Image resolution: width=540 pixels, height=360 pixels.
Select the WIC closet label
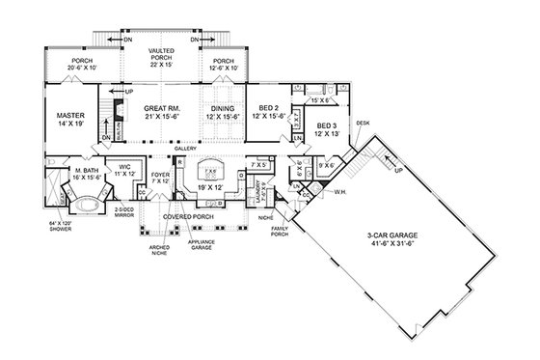[x=124, y=166]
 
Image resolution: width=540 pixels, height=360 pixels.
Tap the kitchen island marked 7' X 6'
[x=213, y=164]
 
